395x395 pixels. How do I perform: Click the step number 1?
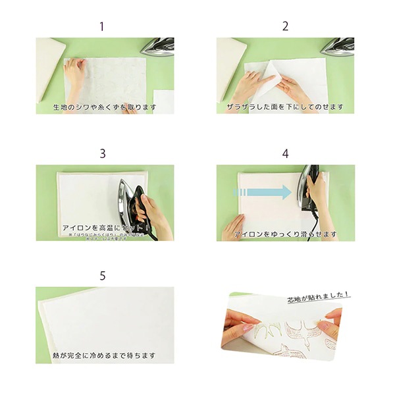[x=102, y=27]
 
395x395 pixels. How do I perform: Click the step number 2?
[x=285, y=27]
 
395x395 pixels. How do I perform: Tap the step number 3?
[x=102, y=153]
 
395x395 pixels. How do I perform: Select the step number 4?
[x=285, y=153]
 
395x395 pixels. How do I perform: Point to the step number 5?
[x=102, y=275]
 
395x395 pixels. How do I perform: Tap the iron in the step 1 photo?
[x=158, y=46]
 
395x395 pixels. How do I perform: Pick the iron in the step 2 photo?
[x=338, y=46]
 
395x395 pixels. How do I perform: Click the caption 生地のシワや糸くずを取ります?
[x=105, y=106]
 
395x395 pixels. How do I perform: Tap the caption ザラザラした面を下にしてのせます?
[x=285, y=106]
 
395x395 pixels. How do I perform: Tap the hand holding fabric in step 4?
[x=233, y=227]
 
